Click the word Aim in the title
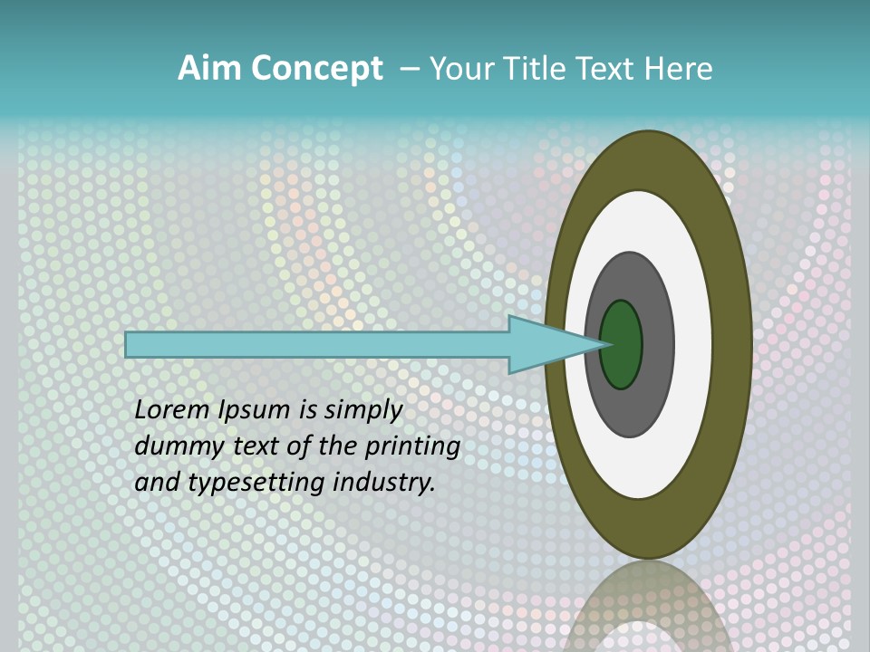pyautogui.click(x=209, y=69)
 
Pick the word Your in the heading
pyautogui.click(x=461, y=69)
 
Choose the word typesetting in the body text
pyautogui.click(x=243, y=484)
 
